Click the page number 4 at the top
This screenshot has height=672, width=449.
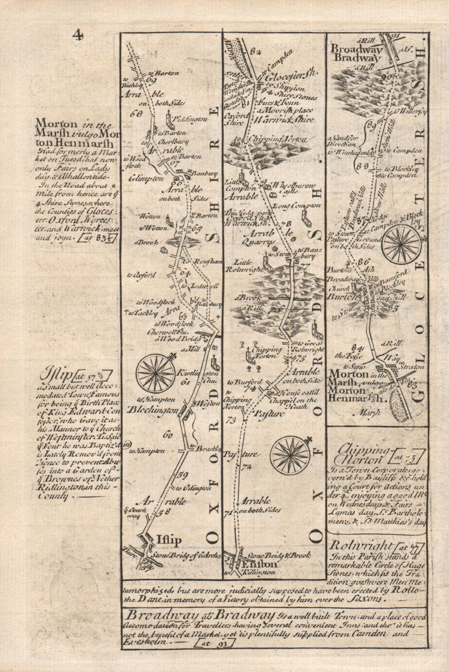[x=78, y=35]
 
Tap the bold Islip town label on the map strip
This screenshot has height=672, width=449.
[x=169, y=540]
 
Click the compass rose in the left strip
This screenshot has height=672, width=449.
[x=156, y=372]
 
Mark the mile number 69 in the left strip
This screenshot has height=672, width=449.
[x=150, y=81]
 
